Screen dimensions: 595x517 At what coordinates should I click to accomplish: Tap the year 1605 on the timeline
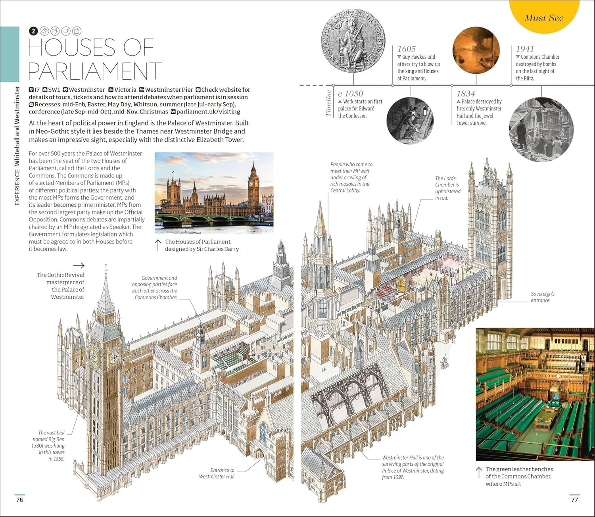(407, 49)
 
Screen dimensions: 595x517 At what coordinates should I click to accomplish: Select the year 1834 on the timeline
(466, 94)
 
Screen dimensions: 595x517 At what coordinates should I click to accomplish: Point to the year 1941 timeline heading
(525, 49)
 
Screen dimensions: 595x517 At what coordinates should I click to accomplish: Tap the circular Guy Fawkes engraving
(410, 120)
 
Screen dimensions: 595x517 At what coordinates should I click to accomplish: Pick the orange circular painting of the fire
(476, 50)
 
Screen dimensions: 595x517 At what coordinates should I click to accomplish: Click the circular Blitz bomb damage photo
(541, 129)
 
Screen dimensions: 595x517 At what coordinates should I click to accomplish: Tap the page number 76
(19, 500)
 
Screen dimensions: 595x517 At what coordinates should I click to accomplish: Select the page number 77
(574, 500)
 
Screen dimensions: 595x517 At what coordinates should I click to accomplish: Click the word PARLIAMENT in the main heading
(95, 71)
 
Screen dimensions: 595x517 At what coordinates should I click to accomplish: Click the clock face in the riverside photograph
(253, 184)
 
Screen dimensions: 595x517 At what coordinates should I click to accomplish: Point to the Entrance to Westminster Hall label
(217, 473)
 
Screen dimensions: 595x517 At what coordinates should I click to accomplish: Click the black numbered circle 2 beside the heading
(33, 31)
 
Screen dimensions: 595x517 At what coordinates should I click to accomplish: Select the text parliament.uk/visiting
(208, 111)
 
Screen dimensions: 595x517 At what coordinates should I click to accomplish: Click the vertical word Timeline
(328, 103)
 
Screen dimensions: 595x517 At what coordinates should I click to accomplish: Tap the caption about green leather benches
(519, 476)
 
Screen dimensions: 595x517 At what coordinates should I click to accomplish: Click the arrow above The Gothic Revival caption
(79, 265)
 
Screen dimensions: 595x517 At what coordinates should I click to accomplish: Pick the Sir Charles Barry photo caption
(202, 245)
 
